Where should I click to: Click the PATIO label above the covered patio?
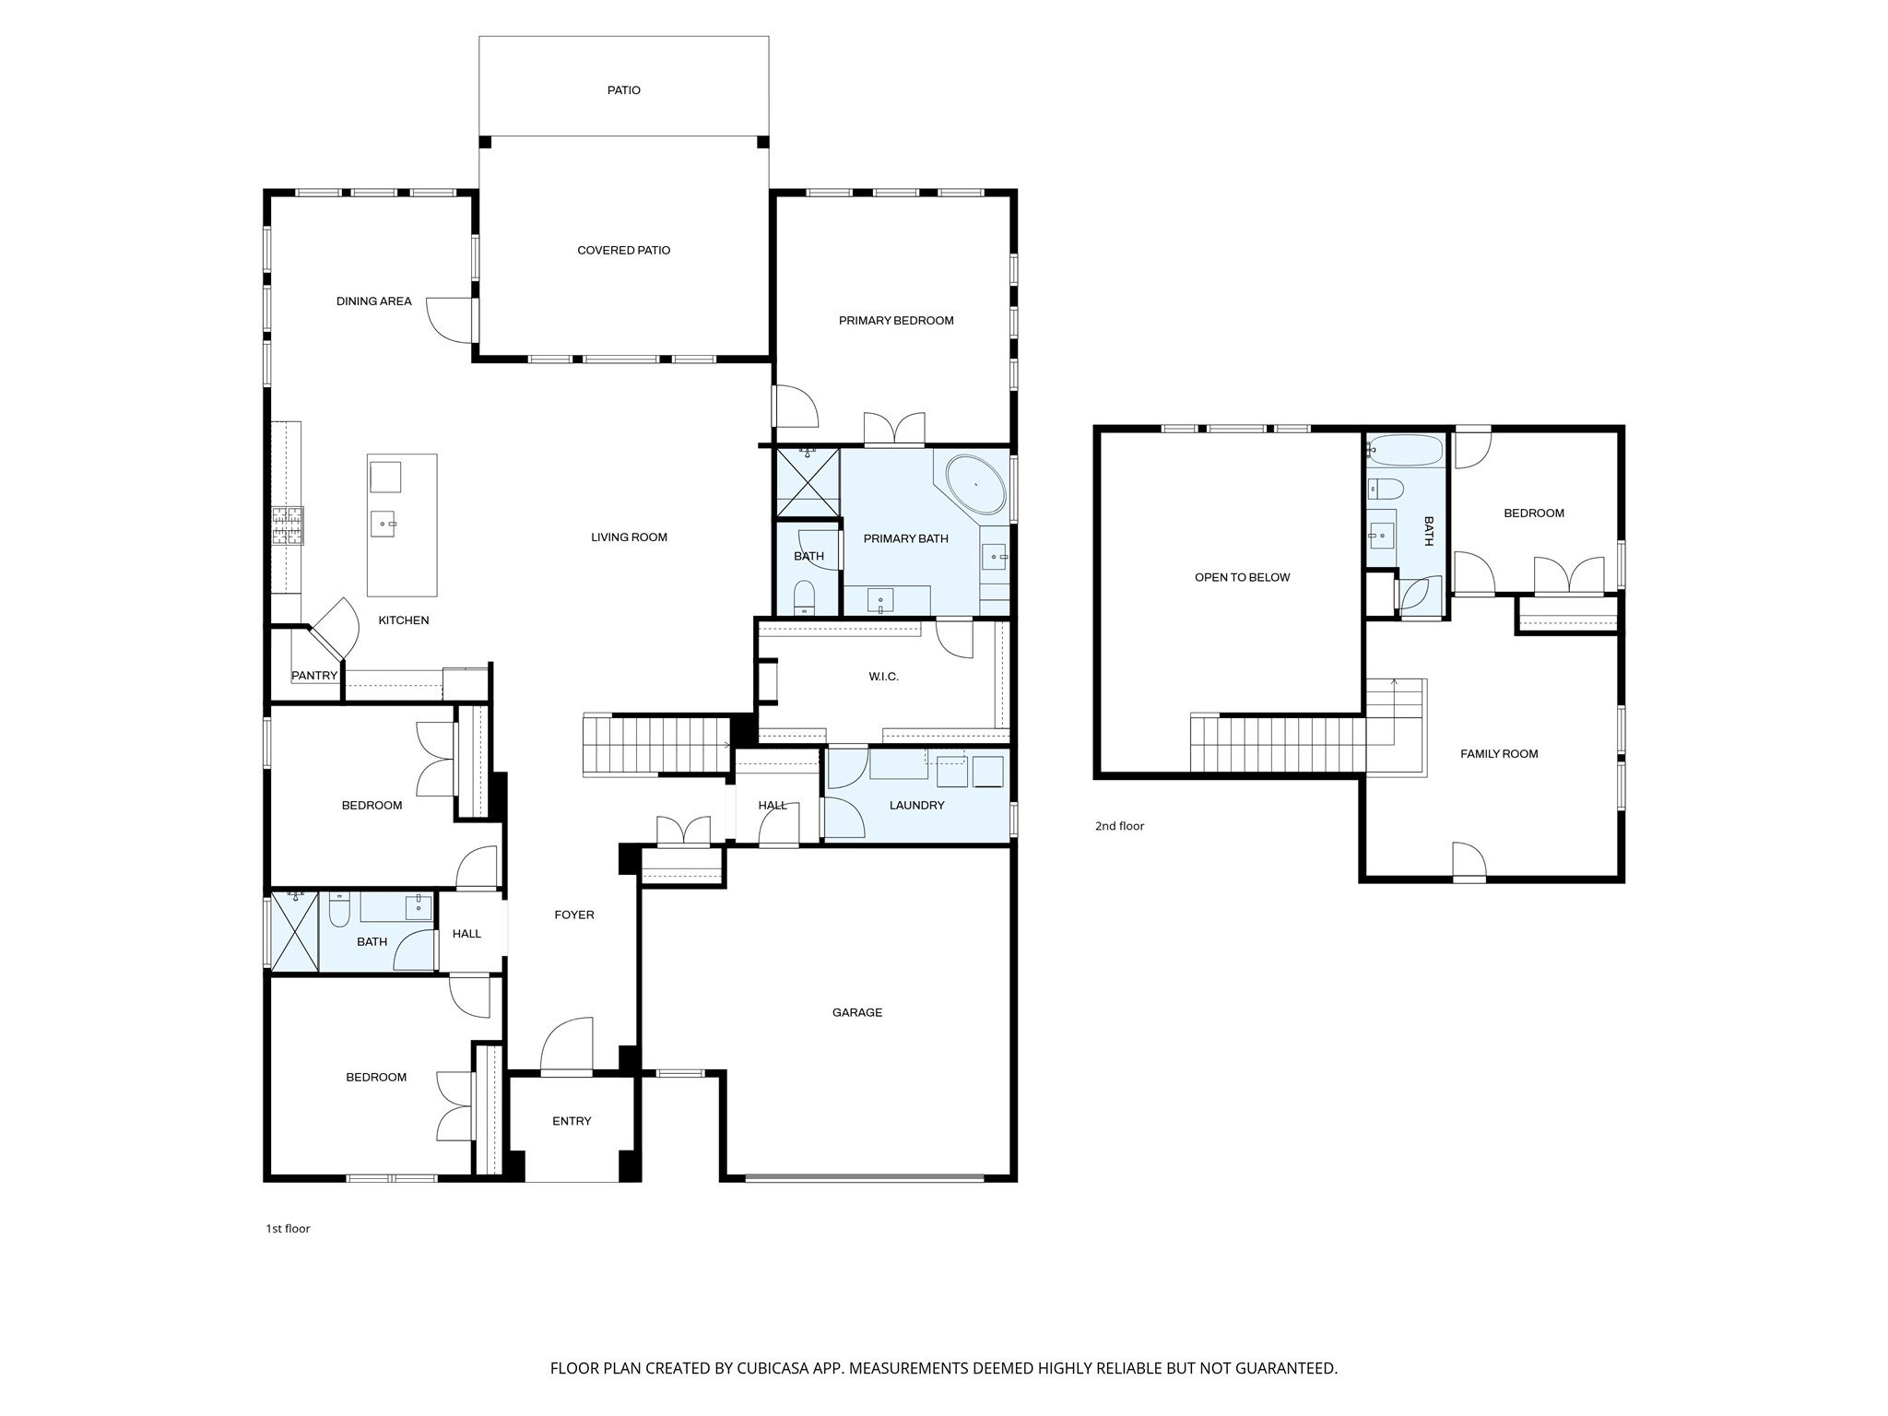click(x=624, y=90)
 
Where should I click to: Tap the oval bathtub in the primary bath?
click(x=976, y=484)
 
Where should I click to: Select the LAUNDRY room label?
click(x=916, y=806)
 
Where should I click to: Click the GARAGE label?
click(x=857, y=1013)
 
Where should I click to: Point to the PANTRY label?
click(x=314, y=676)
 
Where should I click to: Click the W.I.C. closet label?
click(x=883, y=677)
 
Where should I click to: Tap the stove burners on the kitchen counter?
click(x=288, y=525)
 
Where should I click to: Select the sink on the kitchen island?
click(x=383, y=524)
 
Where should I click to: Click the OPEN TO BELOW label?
click(x=1242, y=578)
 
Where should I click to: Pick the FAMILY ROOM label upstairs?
click(x=1499, y=754)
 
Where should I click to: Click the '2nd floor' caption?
click(x=1119, y=826)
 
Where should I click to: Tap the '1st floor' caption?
click(x=288, y=1229)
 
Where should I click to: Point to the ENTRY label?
click(x=572, y=1122)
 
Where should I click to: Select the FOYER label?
click(x=574, y=915)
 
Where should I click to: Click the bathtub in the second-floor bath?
click(x=1405, y=451)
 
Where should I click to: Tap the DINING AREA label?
click(x=373, y=301)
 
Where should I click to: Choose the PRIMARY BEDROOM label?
click(x=896, y=321)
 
